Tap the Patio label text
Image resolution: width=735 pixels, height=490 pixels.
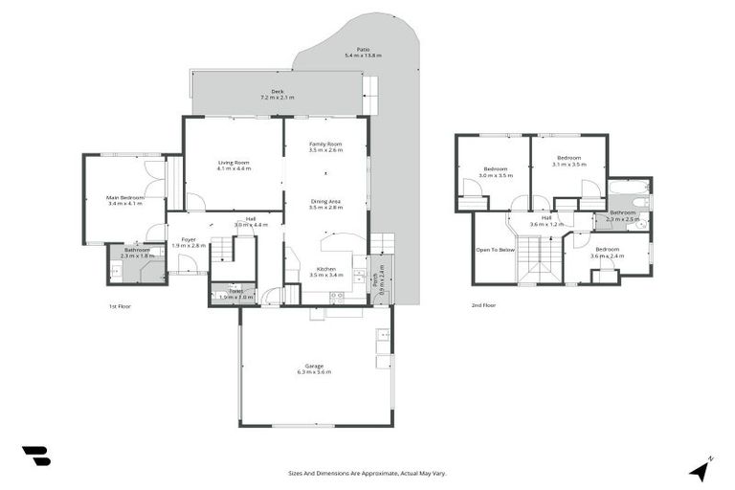(x=363, y=52)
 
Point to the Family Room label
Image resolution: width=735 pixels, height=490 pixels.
(x=325, y=146)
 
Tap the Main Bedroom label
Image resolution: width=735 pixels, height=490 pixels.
(x=124, y=200)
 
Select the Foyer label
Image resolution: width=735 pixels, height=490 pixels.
(x=189, y=242)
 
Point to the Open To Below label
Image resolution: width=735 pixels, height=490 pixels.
(x=495, y=250)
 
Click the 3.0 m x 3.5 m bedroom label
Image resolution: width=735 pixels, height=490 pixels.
(x=496, y=172)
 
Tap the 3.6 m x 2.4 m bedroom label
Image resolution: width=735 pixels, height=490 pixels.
(x=607, y=252)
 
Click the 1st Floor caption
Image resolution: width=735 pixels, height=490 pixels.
(x=120, y=305)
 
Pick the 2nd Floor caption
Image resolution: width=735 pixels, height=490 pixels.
(x=483, y=305)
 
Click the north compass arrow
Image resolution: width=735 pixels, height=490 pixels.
(x=701, y=469)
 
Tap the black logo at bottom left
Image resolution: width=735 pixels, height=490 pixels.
(x=36, y=457)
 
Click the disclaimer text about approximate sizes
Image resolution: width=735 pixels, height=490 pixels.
(x=367, y=473)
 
